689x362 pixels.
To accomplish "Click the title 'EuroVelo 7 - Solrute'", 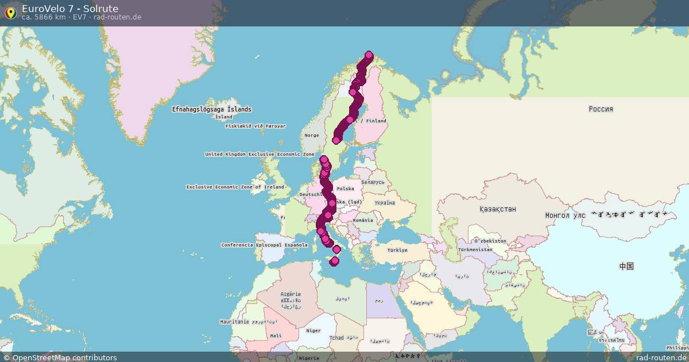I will pyautogui.click(x=70, y=9).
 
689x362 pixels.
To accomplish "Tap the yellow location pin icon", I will pyautogui.click(x=10, y=13).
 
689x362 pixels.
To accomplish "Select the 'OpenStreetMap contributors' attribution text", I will pyautogui.click(x=64, y=357).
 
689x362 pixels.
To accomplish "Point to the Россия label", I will pyautogui.click(x=601, y=109).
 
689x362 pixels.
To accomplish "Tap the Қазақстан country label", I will pyautogui.click(x=498, y=209).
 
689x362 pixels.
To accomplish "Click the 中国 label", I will pyautogui.click(x=626, y=266).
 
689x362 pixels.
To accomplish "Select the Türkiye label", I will pyautogui.click(x=397, y=250).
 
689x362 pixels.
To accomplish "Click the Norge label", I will pyautogui.click(x=312, y=136).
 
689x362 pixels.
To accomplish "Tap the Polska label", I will pyautogui.click(x=346, y=188).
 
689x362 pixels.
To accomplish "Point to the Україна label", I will pyautogui.click(x=384, y=203).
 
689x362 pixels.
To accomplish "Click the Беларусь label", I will pyautogui.click(x=373, y=182).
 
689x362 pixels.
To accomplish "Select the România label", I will pyautogui.click(x=363, y=220).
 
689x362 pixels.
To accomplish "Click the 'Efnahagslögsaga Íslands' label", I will pyautogui.click(x=211, y=109).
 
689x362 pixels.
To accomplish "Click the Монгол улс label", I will pyautogui.click(x=565, y=215).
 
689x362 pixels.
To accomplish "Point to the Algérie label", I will pyautogui.click(x=291, y=294).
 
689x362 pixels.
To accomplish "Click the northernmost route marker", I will pyautogui.click(x=369, y=55).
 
